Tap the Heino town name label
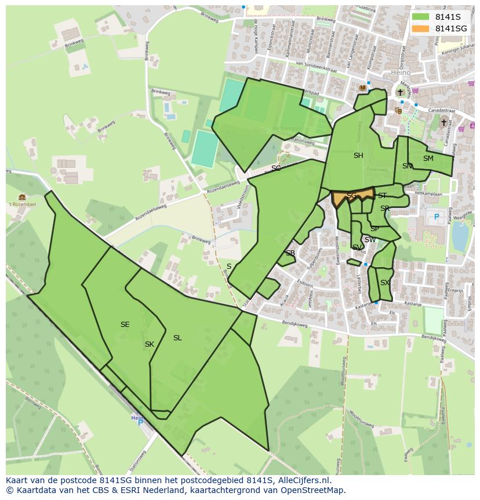tap(400, 73)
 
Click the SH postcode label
tap(358, 156)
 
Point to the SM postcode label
tap(428, 159)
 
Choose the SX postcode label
tap(385, 283)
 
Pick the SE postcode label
tap(125, 325)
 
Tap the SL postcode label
tap(177, 338)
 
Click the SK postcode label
tap(150, 344)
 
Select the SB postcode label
tap(290, 253)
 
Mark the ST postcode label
tap(382, 196)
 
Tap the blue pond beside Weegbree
tap(460, 235)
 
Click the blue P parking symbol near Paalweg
tap(436, 217)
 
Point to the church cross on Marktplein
tap(400, 92)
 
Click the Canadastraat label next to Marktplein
tap(440, 109)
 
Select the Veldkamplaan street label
tap(428, 195)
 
